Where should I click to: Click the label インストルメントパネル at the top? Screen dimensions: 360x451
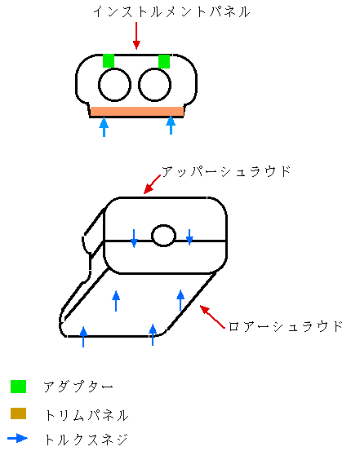point(171,12)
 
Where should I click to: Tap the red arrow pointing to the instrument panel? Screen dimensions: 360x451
point(136,36)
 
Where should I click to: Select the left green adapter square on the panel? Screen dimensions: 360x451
point(109,60)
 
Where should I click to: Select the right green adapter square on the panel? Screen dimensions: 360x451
point(164,61)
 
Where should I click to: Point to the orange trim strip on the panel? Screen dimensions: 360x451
point(137,111)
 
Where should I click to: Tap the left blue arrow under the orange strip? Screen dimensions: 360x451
point(104,127)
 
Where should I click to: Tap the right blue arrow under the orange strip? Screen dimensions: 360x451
point(171,125)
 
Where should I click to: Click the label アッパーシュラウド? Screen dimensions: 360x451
point(226,172)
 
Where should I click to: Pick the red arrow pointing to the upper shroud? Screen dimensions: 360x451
point(152,184)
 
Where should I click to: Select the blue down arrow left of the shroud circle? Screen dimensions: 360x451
point(134,238)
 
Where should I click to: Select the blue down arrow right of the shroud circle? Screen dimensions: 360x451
point(189,237)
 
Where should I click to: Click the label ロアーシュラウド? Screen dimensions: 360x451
point(286,326)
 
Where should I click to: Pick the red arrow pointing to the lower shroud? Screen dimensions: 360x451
point(212,316)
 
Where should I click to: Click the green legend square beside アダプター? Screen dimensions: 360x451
point(19,387)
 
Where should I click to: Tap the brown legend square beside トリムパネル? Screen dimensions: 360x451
point(19,413)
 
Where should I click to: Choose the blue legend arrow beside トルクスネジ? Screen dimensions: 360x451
point(17,438)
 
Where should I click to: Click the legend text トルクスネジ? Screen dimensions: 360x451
point(86,440)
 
